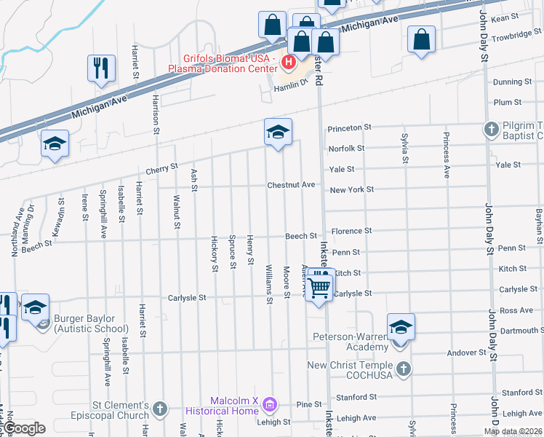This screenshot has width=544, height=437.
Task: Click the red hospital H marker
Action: tap(289, 63)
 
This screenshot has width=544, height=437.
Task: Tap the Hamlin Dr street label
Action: tap(292, 83)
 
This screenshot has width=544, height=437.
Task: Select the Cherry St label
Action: tap(161, 168)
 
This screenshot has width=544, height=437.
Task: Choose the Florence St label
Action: tap(351, 231)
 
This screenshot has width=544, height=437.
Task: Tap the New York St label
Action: tap(351, 189)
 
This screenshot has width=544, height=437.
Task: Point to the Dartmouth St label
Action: tap(519, 331)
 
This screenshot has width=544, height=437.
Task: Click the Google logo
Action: tap(23, 429)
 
